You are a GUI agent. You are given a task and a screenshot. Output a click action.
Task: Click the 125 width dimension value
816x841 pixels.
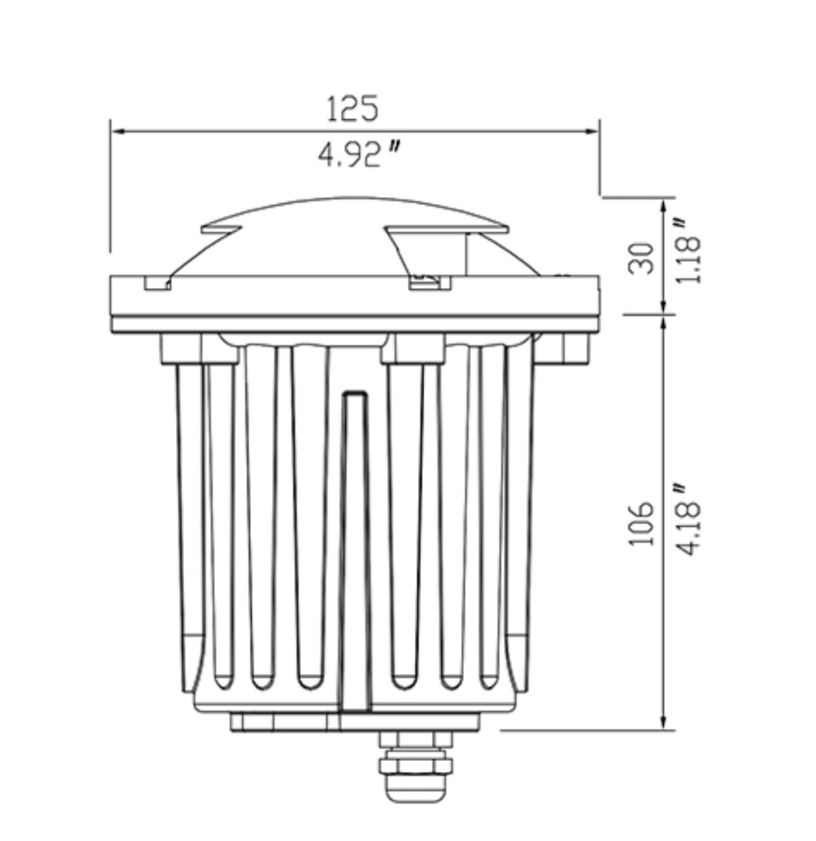(x=353, y=108)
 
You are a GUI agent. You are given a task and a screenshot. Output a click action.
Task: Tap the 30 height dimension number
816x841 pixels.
(x=641, y=259)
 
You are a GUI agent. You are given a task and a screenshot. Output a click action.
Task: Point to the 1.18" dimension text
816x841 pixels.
(x=687, y=251)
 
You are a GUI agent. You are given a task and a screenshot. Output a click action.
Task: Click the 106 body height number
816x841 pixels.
(x=641, y=524)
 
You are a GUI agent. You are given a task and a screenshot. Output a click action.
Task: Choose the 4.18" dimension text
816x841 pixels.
(x=687, y=519)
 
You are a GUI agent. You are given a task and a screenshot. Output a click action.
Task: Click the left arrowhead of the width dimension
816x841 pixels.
(x=118, y=131)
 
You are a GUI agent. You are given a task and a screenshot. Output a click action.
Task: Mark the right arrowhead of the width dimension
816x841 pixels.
(x=591, y=131)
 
